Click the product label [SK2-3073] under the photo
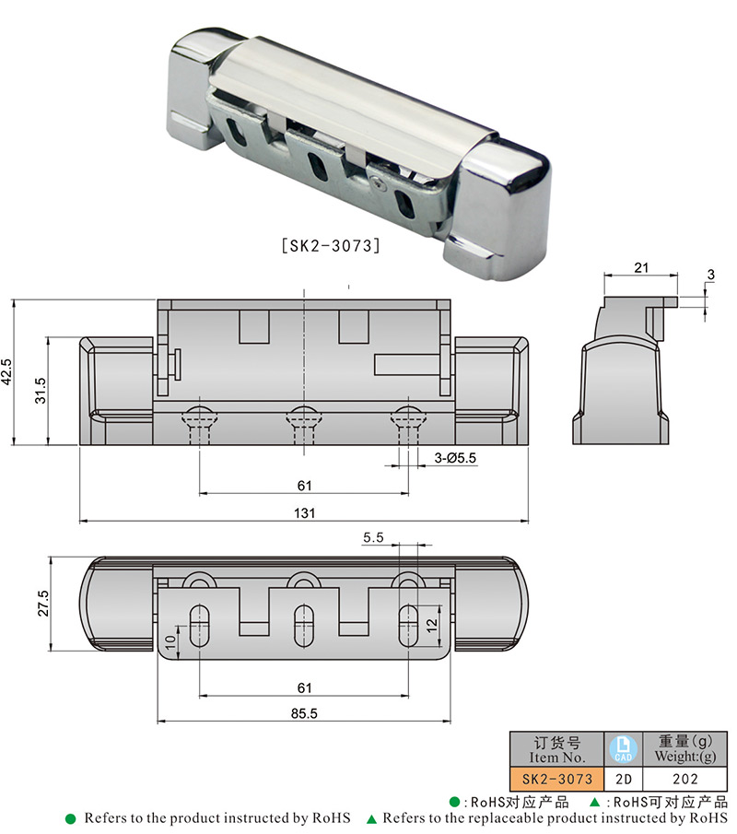pos(330,246)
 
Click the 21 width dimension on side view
pos(642,267)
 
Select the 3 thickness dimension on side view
pos(710,275)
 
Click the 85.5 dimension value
pos(305,712)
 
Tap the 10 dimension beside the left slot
pos(170,641)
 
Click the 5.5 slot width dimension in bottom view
pos(374,536)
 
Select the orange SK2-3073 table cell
pos(556,779)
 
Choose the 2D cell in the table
pos(623,779)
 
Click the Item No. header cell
pos(556,748)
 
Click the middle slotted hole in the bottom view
pos(302,626)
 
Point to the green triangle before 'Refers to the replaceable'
pos(371,818)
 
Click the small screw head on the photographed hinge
pos(380,184)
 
